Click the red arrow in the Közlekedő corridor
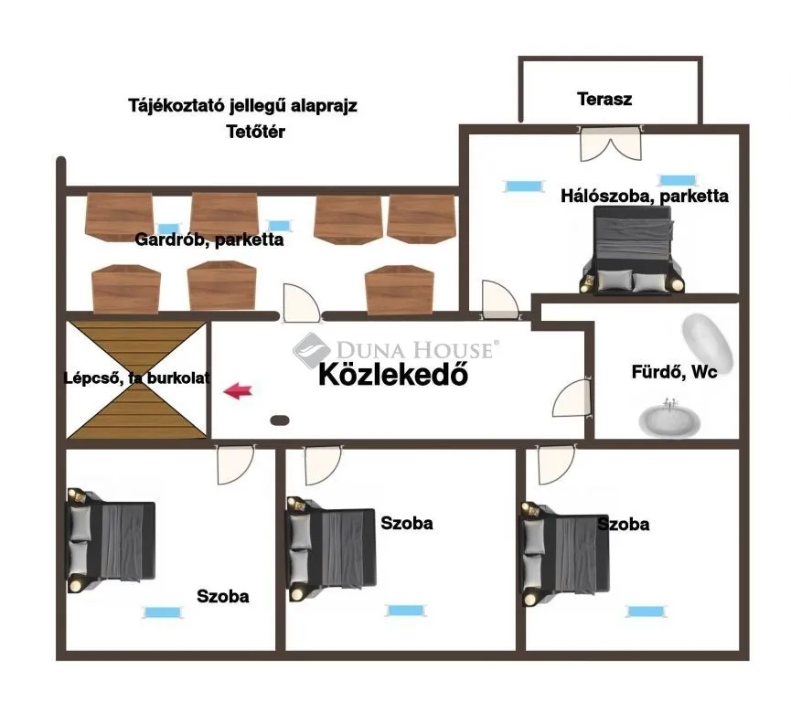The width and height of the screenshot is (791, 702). [238, 391]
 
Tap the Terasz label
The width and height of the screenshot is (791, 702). [604, 99]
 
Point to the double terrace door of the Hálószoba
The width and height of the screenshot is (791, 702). [611, 144]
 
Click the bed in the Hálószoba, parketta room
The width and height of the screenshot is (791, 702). [633, 250]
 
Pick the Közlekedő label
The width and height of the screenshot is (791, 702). [393, 375]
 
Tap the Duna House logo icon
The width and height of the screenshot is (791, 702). [311, 350]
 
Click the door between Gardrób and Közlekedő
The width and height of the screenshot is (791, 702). [301, 303]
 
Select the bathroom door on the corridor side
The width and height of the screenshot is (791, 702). [572, 399]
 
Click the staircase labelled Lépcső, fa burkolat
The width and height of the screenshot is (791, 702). [136, 379]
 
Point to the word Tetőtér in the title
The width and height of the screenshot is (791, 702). [255, 132]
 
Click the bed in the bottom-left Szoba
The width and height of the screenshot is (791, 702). [111, 540]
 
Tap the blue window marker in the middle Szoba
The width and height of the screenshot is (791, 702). [406, 611]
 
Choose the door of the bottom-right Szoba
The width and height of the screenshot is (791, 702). [556, 464]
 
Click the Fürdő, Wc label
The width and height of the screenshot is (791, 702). [674, 372]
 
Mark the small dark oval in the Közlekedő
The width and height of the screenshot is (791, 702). [280, 420]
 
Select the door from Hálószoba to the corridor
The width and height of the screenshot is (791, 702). [499, 300]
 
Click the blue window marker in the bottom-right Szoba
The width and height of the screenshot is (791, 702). [646, 612]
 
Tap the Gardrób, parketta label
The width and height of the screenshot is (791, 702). [208, 239]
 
